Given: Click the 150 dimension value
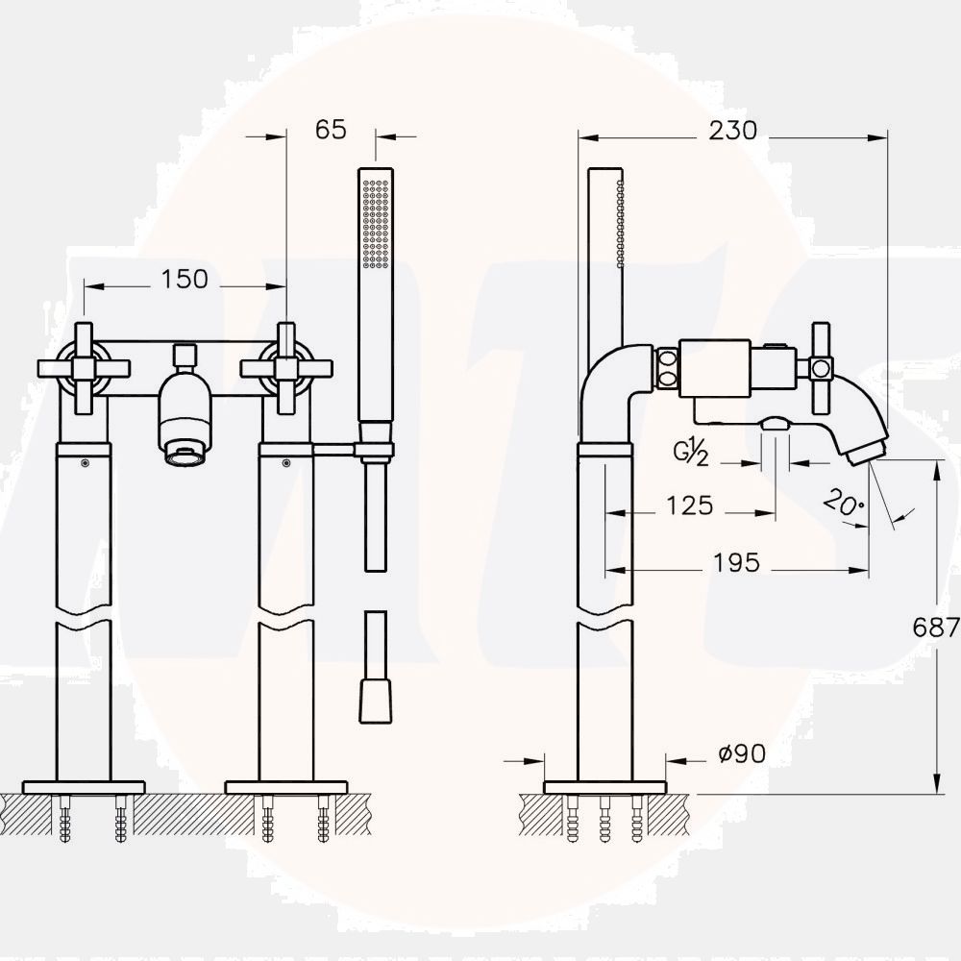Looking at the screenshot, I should coord(185,279).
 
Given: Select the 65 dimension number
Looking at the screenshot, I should coord(331,130).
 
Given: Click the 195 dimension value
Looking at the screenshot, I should coord(736,562).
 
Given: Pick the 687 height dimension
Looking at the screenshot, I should coord(935,628).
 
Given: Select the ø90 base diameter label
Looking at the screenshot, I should coord(742,754).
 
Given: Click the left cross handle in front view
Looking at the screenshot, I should coord(84,368).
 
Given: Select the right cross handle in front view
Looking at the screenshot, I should coord(286,368).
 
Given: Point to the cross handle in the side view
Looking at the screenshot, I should coord(822,366).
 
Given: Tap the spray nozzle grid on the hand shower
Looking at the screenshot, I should coord(375,223).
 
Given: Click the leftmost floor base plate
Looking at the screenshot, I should coord(84,787).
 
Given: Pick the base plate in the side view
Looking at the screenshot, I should coord(604,787).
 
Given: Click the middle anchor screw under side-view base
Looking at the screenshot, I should coord(604,822).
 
